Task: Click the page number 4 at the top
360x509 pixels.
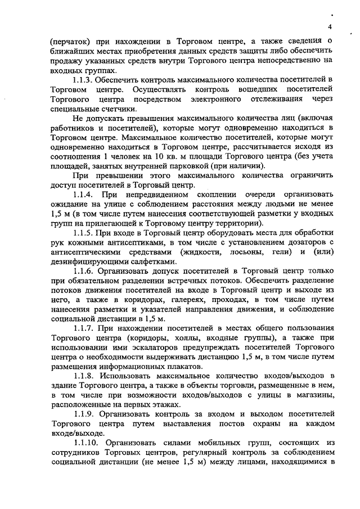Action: [330, 27]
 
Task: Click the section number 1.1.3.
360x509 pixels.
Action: [85, 80]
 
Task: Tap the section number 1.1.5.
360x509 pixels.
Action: [85, 249]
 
